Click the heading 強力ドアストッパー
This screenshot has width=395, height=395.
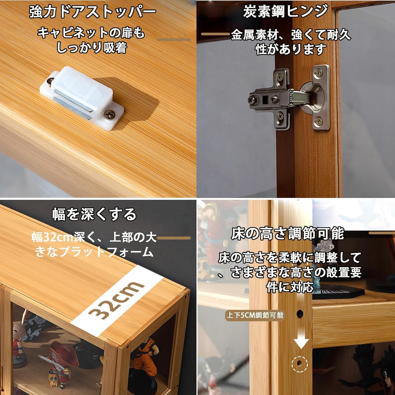92,12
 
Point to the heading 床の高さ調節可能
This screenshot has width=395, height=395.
288,234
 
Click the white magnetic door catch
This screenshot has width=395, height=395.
82,97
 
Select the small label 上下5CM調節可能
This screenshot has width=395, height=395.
255,315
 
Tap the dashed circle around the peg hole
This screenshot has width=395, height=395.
299,364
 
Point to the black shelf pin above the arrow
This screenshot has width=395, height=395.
300,313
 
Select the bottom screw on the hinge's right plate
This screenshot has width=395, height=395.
319,121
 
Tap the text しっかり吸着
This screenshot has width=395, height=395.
92,48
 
